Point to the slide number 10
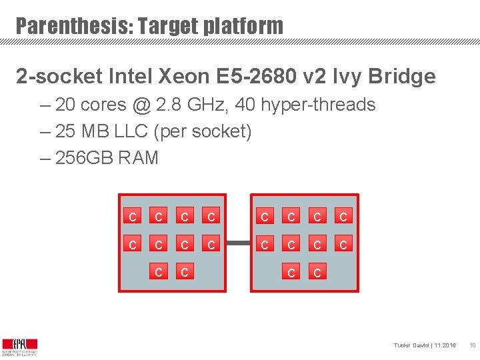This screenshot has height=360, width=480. click(x=471, y=345)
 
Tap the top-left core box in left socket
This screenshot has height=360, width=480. click(x=133, y=217)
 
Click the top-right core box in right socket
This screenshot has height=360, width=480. click(x=343, y=217)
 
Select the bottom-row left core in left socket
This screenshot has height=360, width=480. click(x=158, y=272)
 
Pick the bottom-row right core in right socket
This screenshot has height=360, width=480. click(x=317, y=272)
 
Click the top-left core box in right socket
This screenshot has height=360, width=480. click(x=265, y=217)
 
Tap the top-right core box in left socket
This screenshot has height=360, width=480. click(x=211, y=217)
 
